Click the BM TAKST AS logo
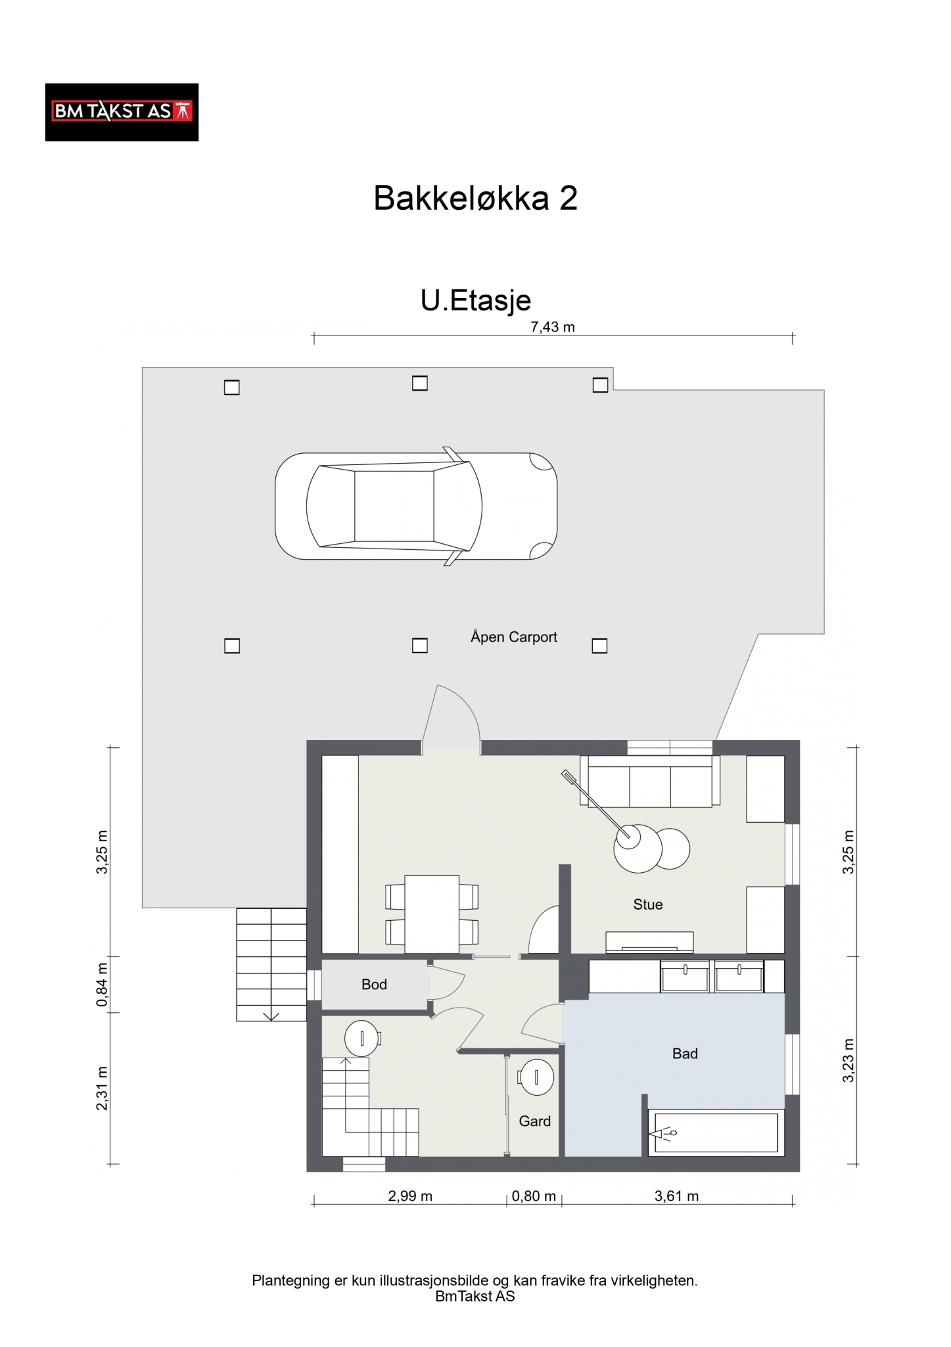pyautogui.click(x=122, y=112)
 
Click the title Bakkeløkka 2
pyautogui.click(x=475, y=197)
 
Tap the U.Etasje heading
pyautogui.click(x=476, y=300)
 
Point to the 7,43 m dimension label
pyautogui.click(x=553, y=327)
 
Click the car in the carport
pyautogui.click(x=416, y=506)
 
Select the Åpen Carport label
pyautogui.click(x=514, y=637)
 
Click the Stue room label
pyautogui.click(x=648, y=904)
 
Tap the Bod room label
pyautogui.click(x=374, y=985)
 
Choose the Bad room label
pyautogui.click(x=685, y=1054)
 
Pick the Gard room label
pyautogui.click(x=535, y=1121)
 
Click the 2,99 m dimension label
pyautogui.click(x=410, y=1196)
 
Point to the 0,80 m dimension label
pyautogui.click(x=534, y=1196)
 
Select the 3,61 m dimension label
pyautogui.click(x=676, y=1196)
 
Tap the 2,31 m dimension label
pyautogui.click(x=102, y=1089)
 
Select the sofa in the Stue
pyautogui.click(x=650, y=781)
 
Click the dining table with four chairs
pyautogui.click(x=432, y=914)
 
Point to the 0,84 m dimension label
pyautogui.click(x=102, y=985)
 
